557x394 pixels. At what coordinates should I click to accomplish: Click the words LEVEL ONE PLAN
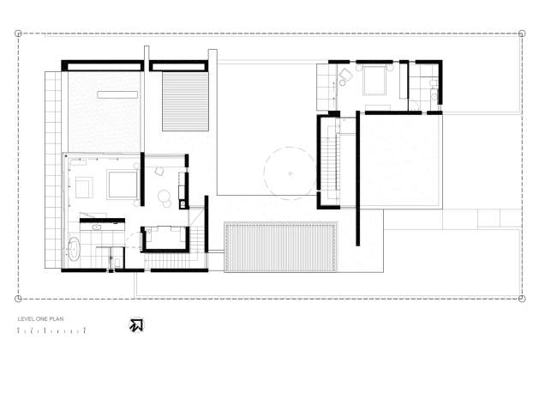click(x=40, y=319)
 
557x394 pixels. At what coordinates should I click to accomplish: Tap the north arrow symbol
click(x=136, y=325)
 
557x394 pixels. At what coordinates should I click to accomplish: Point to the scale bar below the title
click(x=51, y=331)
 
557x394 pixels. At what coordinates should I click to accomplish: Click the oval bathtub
click(x=74, y=248)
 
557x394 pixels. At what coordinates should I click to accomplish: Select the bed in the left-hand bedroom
click(x=123, y=185)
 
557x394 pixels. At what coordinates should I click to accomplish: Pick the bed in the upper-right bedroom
click(x=374, y=81)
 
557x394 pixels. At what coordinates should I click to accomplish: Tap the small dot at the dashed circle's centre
click(x=290, y=173)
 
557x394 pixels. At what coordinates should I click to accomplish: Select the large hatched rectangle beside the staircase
click(x=280, y=246)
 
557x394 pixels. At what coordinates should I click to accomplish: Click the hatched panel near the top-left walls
click(x=185, y=101)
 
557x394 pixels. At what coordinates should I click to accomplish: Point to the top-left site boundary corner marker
click(x=18, y=33)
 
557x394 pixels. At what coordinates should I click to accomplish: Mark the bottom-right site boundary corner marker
click(x=522, y=299)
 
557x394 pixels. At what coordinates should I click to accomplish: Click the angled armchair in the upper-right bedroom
click(x=345, y=75)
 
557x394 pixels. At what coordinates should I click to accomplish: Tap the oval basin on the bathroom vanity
click(x=96, y=227)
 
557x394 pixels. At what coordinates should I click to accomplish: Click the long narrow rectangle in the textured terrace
click(x=117, y=94)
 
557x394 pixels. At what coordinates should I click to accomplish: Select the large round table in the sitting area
click(x=165, y=196)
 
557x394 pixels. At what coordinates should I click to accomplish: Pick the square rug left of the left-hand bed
click(x=84, y=188)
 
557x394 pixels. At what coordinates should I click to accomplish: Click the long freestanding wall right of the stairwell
click(x=357, y=179)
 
